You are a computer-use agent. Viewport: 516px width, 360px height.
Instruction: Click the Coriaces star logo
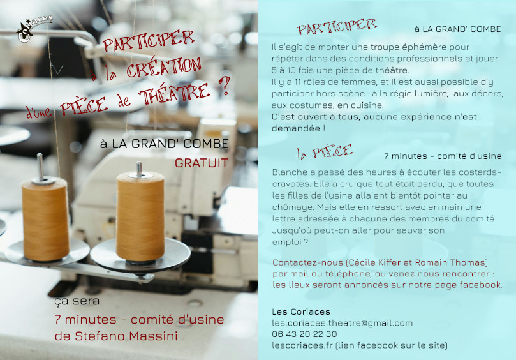coord(33,29)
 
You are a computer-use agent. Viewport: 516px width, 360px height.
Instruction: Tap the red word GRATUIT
coord(202,163)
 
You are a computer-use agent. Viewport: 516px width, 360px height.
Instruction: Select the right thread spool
coord(140,216)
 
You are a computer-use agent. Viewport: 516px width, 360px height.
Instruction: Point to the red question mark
coord(225,86)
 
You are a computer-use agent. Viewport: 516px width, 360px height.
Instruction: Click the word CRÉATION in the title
coord(164,68)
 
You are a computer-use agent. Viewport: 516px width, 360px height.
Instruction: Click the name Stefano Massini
coord(126,336)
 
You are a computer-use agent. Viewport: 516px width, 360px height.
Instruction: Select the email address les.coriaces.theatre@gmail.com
coord(343,323)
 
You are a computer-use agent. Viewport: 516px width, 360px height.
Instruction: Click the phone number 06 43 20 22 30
coord(304,334)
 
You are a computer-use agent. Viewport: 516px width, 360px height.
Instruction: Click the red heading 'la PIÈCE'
coord(325,152)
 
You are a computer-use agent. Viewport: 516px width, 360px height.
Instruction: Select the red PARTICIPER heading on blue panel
coord(337,26)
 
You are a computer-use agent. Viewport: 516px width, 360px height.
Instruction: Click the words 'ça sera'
coord(77,301)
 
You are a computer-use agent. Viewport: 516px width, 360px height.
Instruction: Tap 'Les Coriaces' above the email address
coord(301,311)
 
